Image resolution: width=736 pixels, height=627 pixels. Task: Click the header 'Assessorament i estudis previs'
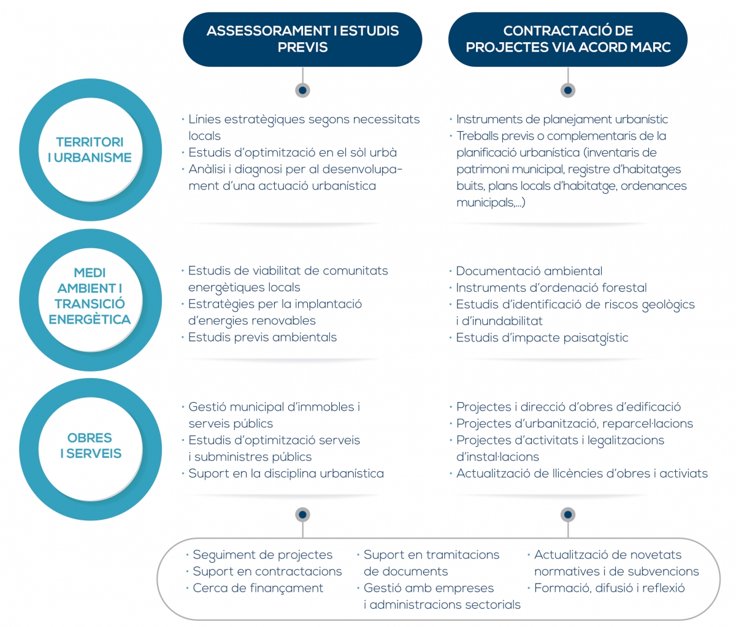point(302,39)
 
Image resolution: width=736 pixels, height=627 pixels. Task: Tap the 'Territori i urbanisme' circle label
point(90,150)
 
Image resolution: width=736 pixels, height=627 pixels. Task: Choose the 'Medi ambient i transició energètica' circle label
point(90,296)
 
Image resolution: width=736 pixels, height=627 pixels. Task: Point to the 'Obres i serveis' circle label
point(90,446)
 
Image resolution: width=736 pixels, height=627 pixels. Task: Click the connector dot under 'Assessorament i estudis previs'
point(302,90)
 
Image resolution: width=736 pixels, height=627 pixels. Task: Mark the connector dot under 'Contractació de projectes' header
point(567,90)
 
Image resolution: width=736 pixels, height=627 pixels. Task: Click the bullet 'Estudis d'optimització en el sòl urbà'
point(293,153)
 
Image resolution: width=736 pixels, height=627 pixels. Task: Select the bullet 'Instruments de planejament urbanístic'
point(562,120)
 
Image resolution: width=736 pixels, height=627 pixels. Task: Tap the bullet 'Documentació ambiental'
point(529,271)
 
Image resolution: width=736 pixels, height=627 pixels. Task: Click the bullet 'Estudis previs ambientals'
point(262,337)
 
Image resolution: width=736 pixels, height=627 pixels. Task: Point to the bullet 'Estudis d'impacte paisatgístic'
point(542,338)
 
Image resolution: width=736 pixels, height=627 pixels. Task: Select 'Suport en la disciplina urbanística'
point(286,474)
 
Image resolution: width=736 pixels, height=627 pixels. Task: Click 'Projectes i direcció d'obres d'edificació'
point(569,407)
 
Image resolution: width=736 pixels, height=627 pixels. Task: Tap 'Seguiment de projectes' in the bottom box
point(263,555)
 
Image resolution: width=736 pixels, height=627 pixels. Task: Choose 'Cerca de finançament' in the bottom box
point(258,588)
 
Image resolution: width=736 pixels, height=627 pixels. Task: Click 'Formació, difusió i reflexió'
point(609,588)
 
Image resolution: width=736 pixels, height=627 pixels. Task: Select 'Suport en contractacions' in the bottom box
point(267,571)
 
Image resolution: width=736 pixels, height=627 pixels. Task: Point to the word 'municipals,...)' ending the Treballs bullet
point(491,203)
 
